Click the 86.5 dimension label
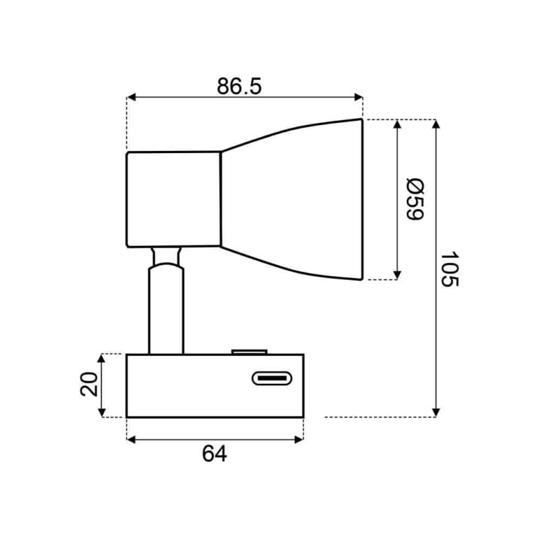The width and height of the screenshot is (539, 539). (x=239, y=86)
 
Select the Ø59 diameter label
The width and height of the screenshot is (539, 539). (x=415, y=199)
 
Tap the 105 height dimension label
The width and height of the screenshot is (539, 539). (x=450, y=269)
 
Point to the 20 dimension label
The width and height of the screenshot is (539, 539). (x=89, y=384)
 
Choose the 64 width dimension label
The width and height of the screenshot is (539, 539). (x=215, y=454)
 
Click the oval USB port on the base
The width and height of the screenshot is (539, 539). (x=272, y=378)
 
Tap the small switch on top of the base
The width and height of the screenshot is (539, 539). (x=249, y=352)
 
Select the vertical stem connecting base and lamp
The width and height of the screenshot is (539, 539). (x=166, y=309)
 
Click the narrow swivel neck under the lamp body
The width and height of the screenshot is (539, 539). (x=166, y=255)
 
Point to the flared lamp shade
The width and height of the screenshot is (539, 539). (x=291, y=199)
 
